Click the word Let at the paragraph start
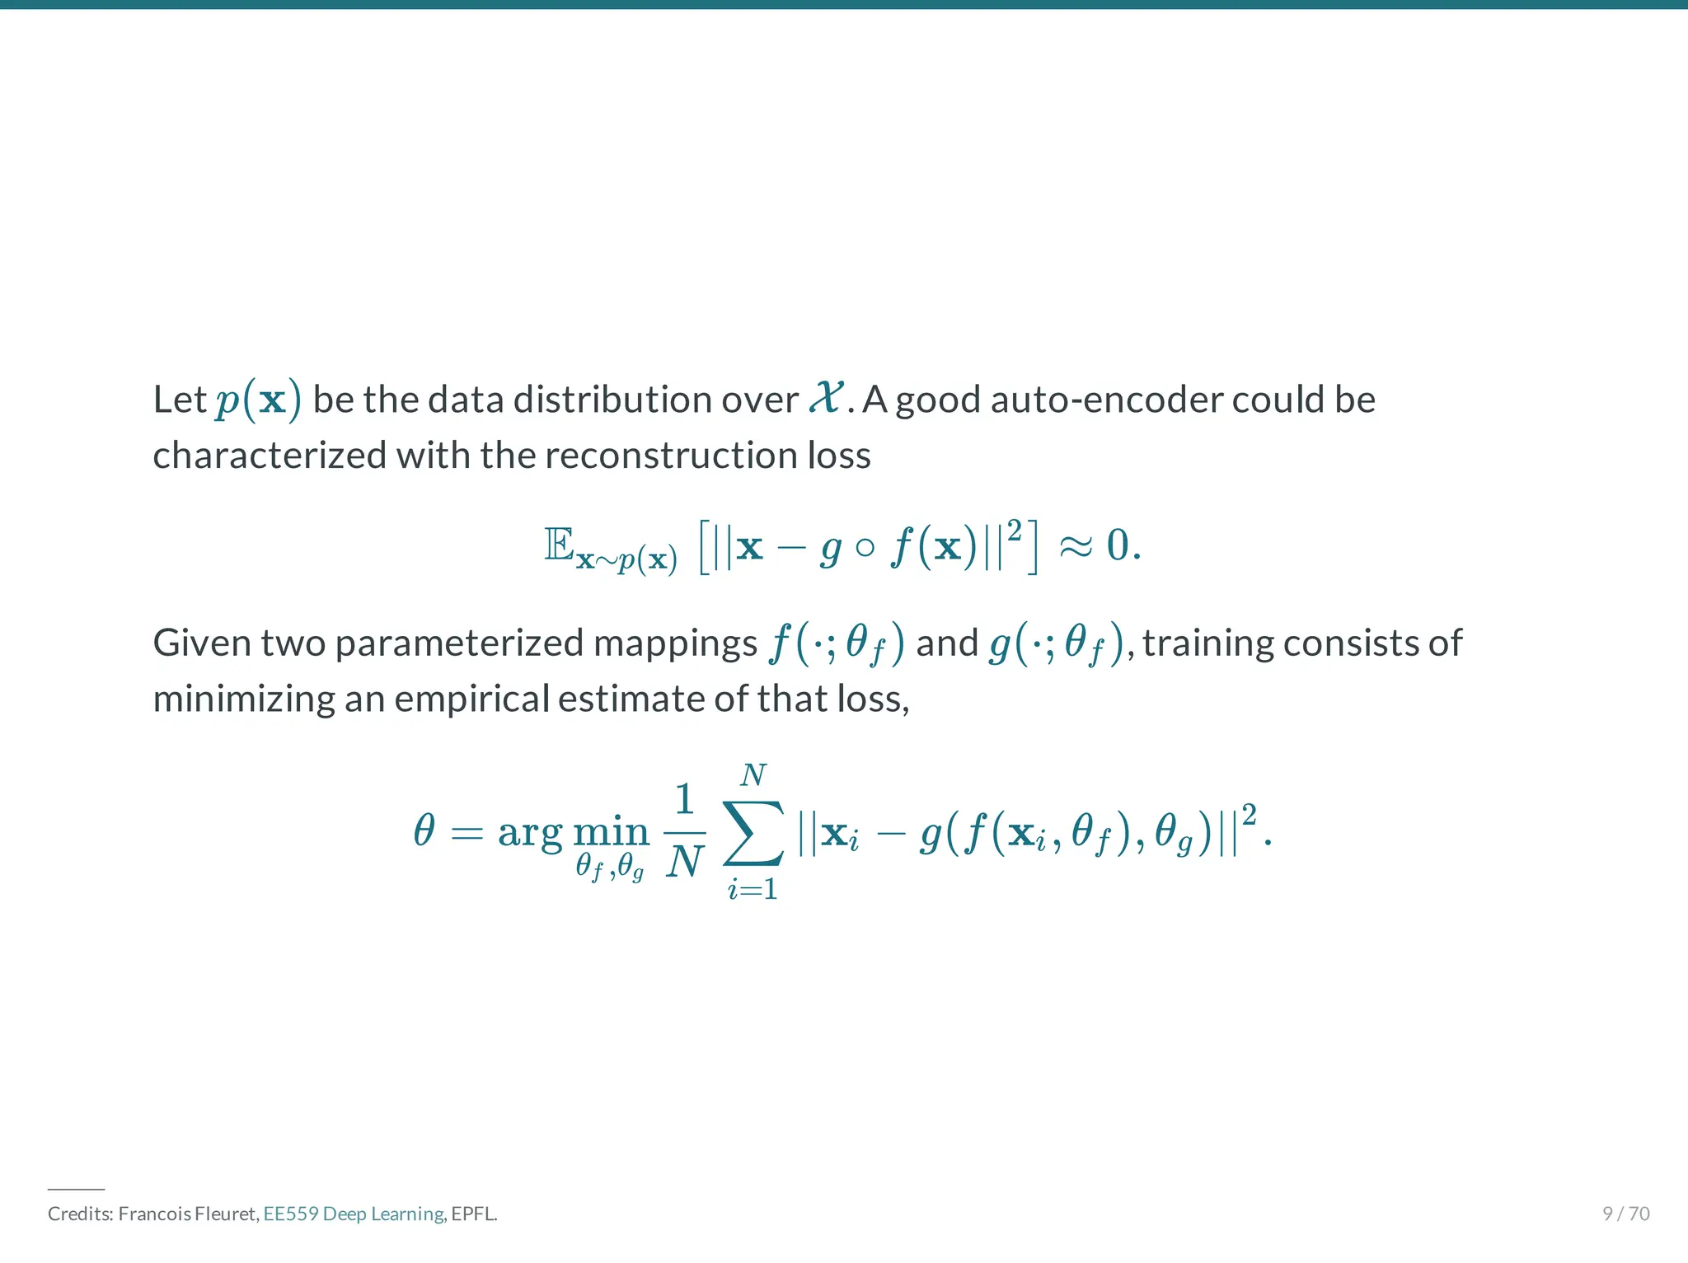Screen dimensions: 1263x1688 pyautogui.click(x=179, y=400)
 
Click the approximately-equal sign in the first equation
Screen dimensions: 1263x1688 pyautogui.click(x=1076, y=545)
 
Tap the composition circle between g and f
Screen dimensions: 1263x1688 pyautogui.click(x=865, y=548)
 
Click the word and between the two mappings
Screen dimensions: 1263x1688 pyautogui.click(x=946, y=643)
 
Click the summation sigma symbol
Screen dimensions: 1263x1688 pyautogui.click(x=753, y=832)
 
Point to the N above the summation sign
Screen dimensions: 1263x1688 pyautogui.click(x=753, y=775)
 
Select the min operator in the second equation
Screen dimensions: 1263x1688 pyautogui.click(x=611, y=832)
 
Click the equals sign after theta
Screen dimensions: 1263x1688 pyautogui.click(x=467, y=832)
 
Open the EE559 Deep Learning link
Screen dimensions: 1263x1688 pyautogui.click(x=354, y=1214)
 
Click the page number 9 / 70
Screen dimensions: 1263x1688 pyautogui.click(x=1625, y=1214)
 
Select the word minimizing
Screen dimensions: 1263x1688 pyautogui.click(x=243, y=699)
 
